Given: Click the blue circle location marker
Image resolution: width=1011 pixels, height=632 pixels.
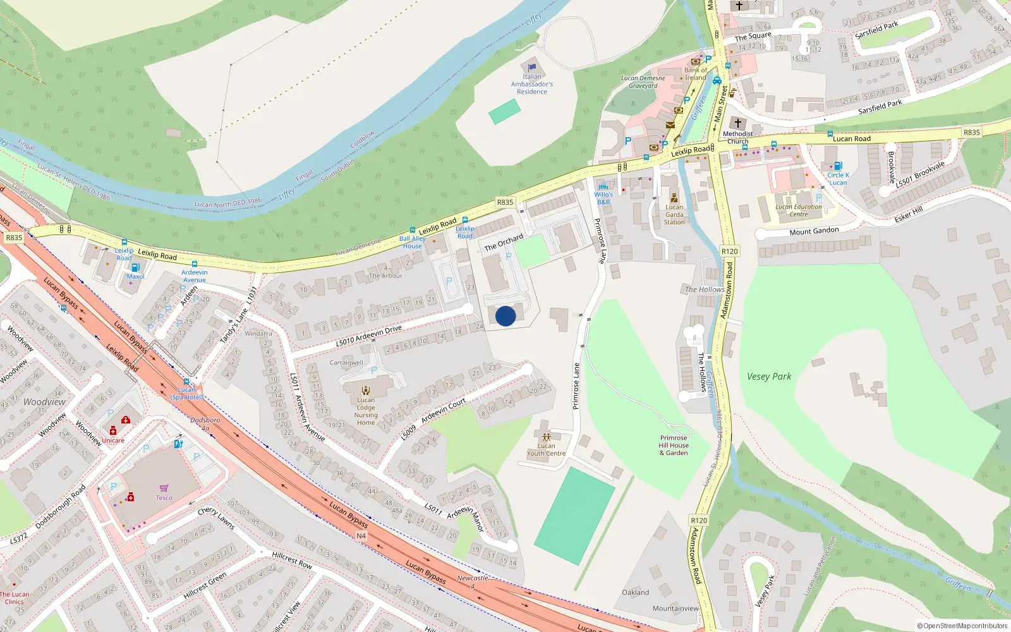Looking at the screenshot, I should point(505,316).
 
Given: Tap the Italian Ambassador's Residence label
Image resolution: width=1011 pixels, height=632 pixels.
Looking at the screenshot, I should point(532,84).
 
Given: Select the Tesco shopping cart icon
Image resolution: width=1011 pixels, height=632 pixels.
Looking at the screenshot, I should point(164,488).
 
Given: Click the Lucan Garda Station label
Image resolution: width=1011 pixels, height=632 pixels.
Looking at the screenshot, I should point(674,214).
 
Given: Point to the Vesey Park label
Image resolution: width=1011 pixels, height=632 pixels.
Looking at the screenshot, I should point(769,377).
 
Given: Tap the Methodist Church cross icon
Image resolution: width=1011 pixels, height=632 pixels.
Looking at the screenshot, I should point(737,123).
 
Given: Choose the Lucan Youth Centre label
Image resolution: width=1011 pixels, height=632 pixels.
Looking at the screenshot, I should point(546,449).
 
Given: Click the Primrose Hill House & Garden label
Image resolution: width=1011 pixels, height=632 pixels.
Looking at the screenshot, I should point(674,445).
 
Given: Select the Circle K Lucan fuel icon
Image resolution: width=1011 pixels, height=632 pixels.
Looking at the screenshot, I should point(838,166).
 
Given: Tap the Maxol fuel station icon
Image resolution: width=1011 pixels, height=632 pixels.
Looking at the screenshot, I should point(135,268).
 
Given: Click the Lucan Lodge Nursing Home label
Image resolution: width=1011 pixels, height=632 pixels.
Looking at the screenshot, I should point(366,411).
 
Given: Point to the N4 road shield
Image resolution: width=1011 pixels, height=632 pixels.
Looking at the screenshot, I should point(361,536).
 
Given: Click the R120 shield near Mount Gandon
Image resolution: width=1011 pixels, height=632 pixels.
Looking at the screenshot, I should point(729,251).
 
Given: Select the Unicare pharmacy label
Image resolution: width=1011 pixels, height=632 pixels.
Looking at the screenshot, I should point(113,441).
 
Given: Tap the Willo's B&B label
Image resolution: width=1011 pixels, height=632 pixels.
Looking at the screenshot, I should point(603,198).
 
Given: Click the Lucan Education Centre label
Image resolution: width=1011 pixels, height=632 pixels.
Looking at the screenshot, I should point(799,210).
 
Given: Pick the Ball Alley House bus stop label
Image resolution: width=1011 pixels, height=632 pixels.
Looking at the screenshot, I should point(412,242).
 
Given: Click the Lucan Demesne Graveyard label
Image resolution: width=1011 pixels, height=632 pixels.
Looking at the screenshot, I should point(643,82).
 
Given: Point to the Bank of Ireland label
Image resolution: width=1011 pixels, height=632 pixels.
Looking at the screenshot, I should point(696,73).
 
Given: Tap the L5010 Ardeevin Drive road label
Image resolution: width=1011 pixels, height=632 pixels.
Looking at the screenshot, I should point(368,335).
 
